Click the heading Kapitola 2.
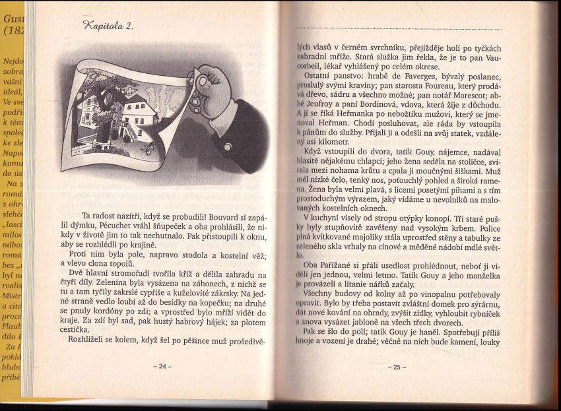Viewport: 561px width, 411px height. click(108, 26)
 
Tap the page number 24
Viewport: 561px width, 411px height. click(161, 366)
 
